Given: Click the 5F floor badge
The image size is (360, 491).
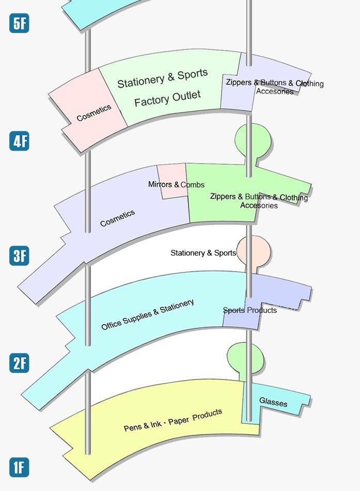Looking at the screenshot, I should click(x=19, y=23).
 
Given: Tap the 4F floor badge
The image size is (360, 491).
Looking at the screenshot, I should click(x=19, y=141).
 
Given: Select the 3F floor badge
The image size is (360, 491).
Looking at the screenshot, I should click(x=19, y=256).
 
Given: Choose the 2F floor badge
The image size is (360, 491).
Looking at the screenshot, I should click(x=19, y=363).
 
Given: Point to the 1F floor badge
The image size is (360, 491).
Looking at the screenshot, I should click(x=19, y=467).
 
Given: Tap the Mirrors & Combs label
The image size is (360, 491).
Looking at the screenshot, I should click(x=176, y=184).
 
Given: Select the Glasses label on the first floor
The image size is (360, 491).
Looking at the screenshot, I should click(x=273, y=402).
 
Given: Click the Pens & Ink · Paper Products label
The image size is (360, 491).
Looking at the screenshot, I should click(x=173, y=420).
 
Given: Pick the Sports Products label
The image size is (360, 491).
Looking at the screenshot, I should click(x=250, y=310).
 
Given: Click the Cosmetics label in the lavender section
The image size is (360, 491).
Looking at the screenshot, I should click(x=117, y=218).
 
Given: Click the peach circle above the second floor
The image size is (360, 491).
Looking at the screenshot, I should click(x=254, y=250).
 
